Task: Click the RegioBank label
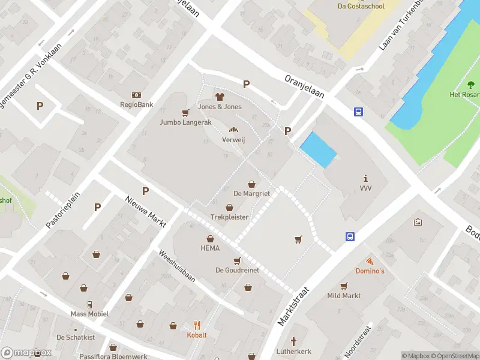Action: coord(136,104)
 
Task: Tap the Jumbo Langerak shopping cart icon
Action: coord(185,112)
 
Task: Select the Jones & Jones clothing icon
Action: coord(220,97)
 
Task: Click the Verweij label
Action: coord(233,140)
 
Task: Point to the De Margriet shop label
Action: coord(251,194)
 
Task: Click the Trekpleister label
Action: coord(229,217)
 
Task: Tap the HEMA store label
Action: coord(210,248)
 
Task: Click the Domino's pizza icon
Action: coord(370,261)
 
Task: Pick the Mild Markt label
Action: coord(344,295)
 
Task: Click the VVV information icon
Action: coord(366,178)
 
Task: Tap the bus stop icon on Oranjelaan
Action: coord(358,112)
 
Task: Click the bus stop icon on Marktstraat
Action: coord(350,236)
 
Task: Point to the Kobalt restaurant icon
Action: coord(197,325)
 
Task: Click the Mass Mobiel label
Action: coord(89,314)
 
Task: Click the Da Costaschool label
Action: coord(361,6)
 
